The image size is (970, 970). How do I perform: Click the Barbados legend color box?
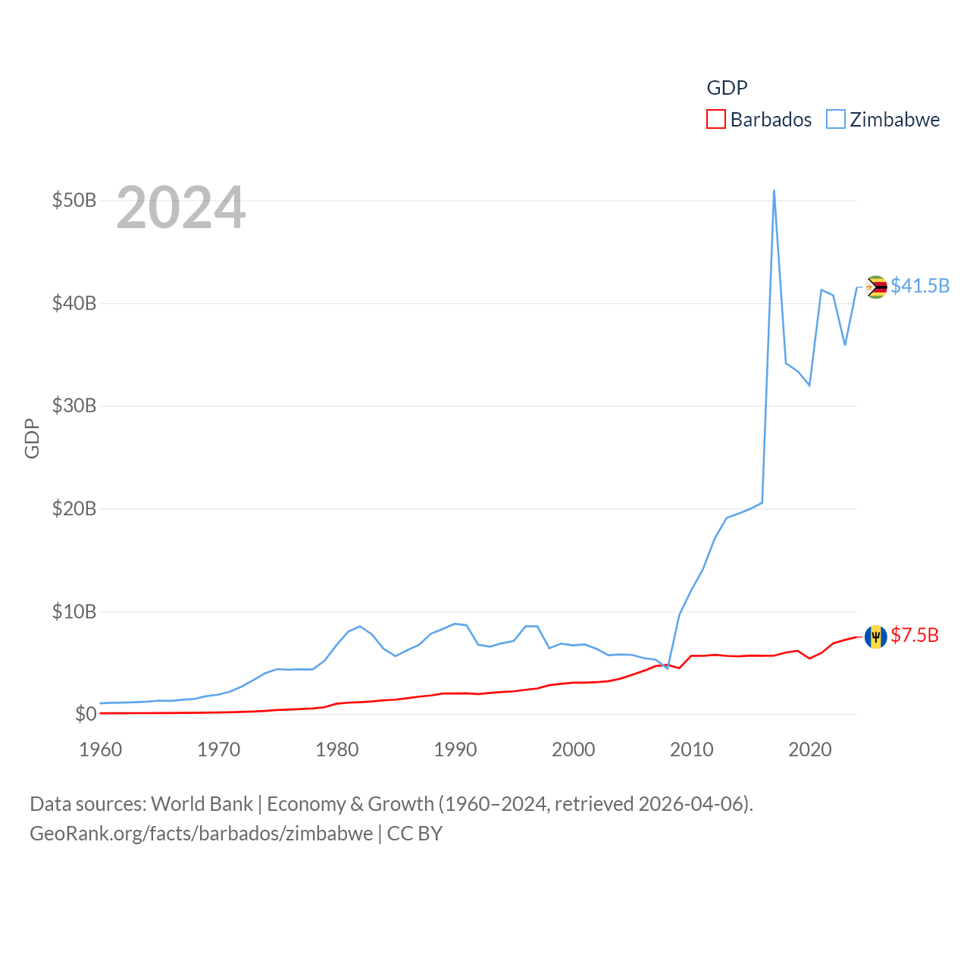click(x=716, y=120)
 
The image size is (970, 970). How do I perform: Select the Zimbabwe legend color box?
click(x=836, y=120)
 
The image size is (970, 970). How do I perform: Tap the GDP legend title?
click(x=727, y=88)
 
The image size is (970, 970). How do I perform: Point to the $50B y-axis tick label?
click(x=74, y=201)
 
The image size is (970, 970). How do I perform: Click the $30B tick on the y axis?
click(x=74, y=406)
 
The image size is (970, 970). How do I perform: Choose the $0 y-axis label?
click(x=86, y=715)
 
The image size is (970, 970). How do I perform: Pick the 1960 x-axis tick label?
click(x=101, y=750)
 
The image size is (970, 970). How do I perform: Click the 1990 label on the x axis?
click(x=455, y=750)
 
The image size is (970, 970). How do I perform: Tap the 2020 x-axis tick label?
click(x=810, y=750)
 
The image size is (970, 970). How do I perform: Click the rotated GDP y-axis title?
click(x=32, y=438)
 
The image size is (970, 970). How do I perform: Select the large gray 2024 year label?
click(x=181, y=208)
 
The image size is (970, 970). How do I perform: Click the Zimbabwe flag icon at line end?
click(x=876, y=287)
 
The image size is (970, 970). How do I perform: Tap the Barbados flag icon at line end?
click(x=876, y=637)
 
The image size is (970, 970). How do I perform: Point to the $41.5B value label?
click(x=920, y=286)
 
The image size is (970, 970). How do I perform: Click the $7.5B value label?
click(x=915, y=636)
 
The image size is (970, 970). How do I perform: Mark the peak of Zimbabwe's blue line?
click(x=774, y=190)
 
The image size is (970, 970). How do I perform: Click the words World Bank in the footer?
click(x=202, y=804)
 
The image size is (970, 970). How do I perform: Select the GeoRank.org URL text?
click(x=201, y=834)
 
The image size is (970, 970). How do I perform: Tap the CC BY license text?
click(x=415, y=834)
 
